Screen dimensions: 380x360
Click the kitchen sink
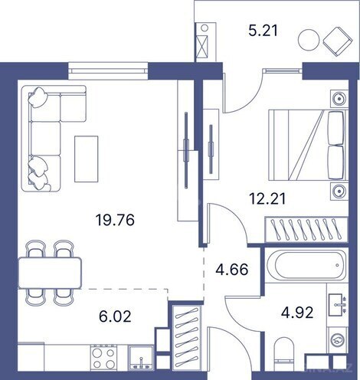tap(140, 357)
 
